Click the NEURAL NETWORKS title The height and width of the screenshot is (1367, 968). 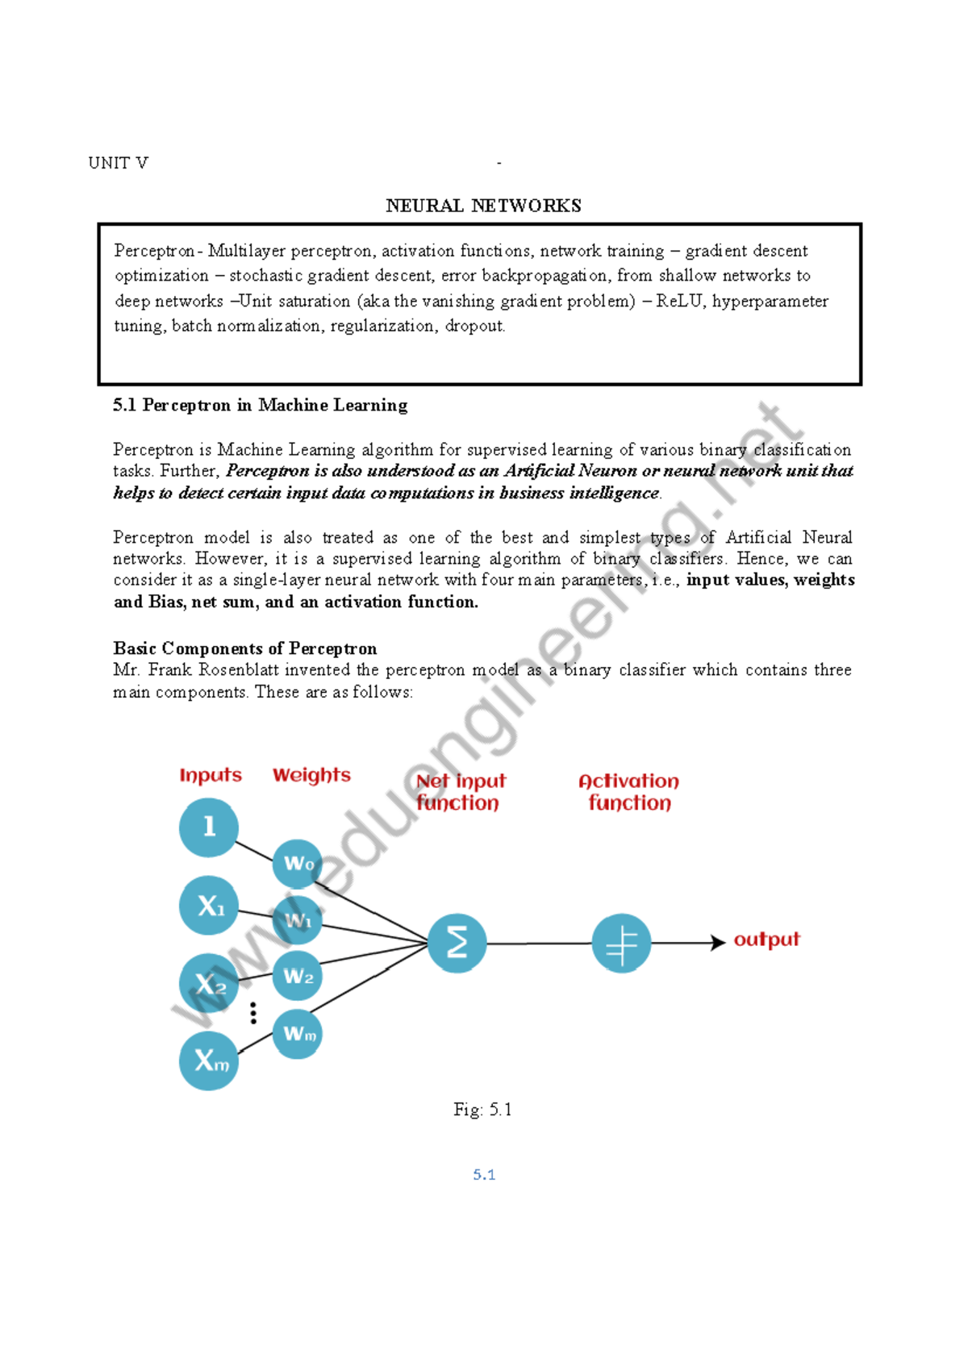click(483, 206)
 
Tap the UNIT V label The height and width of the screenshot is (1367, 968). click(118, 163)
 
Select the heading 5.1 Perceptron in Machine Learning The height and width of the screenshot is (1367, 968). click(260, 405)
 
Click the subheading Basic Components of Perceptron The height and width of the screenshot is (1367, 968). click(244, 648)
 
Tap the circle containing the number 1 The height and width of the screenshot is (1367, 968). click(209, 827)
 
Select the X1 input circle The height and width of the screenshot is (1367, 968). click(209, 906)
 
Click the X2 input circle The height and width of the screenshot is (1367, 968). click(209, 983)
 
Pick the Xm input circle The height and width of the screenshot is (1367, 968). click(209, 1061)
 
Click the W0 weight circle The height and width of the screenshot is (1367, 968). click(298, 864)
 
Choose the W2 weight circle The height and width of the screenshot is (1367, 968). click(298, 977)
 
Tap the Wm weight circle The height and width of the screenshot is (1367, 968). click(298, 1034)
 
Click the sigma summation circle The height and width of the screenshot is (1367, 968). click(457, 943)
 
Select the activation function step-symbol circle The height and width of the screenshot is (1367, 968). click(621, 943)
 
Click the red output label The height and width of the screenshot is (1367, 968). click(766, 940)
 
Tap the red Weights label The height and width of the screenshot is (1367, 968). click(311, 775)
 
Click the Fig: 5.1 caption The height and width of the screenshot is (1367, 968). click(482, 1110)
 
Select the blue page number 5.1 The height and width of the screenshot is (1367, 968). click(484, 1175)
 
